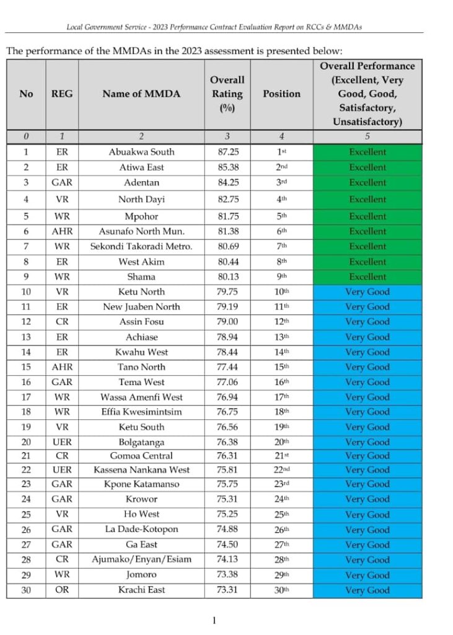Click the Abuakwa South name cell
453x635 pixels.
[141, 152]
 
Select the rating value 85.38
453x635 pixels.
[227, 167]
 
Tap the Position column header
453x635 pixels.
[281, 94]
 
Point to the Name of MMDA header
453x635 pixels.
[141, 94]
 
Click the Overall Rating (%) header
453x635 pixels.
[227, 94]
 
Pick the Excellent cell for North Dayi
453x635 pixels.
[367, 200]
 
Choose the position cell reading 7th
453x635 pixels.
[281, 247]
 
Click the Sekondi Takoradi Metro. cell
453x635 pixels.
[141, 247]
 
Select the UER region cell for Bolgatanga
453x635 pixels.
[62, 442]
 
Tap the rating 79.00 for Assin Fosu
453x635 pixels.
[227, 322]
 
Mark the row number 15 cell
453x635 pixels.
[26, 367]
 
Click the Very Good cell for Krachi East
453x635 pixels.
[367, 590]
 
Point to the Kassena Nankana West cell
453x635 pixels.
[141, 470]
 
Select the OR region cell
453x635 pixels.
[62, 590]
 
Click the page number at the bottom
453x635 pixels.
[214, 621]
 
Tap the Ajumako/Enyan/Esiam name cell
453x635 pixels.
[141, 559]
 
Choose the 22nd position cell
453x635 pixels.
[281, 470]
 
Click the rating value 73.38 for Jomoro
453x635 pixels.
[227, 575]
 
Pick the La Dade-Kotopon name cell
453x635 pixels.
[141, 530]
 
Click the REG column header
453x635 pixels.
[62, 94]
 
